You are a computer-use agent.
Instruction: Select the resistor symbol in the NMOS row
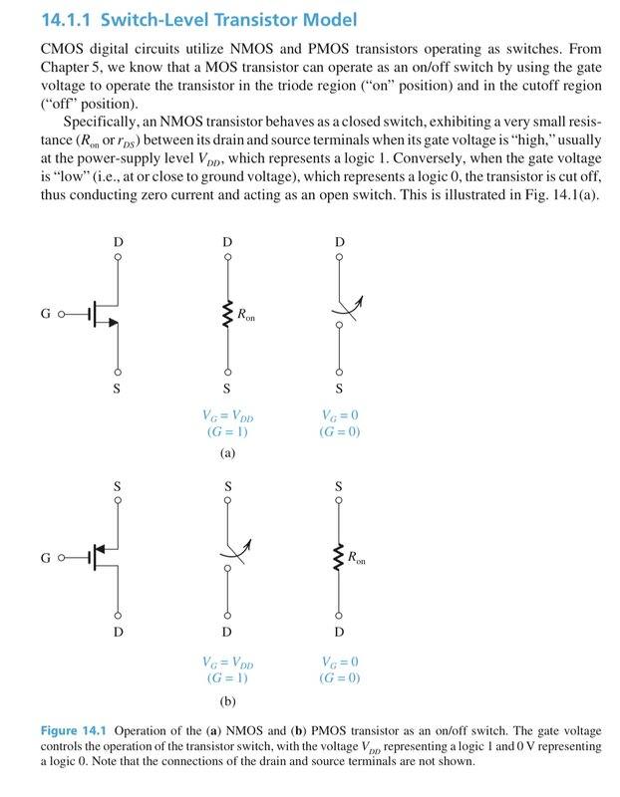(227, 316)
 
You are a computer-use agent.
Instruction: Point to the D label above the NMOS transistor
(118, 243)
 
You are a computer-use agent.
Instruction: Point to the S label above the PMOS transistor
(118, 485)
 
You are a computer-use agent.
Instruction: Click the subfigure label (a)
(227, 451)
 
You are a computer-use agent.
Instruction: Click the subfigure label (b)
(227, 700)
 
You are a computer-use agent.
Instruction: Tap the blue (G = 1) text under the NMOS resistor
(227, 432)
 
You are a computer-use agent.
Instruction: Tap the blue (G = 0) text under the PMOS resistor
(340, 678)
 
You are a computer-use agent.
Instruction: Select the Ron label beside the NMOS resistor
(246, 315)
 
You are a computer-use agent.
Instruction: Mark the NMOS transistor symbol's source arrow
(112, 323)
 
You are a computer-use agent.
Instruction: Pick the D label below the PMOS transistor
(118, 632)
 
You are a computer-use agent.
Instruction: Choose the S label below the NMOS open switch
(340, 387)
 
